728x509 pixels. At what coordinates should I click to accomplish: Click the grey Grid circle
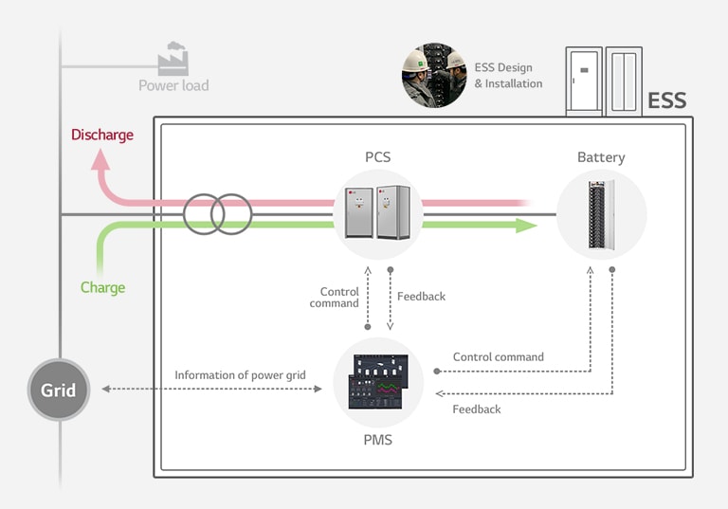tap(58, 390)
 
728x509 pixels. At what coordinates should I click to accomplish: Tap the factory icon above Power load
tap(173, 59)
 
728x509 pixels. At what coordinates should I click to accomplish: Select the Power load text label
tap(173, 85)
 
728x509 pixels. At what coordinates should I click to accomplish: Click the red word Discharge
tap(102, 135)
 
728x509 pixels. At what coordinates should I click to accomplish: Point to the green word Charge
tap(102, 287)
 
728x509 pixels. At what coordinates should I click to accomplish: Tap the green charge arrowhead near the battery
tap(525, 226)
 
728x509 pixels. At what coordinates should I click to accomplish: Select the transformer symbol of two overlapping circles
tap(218, 214)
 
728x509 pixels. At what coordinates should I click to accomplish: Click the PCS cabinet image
tap(377, 213)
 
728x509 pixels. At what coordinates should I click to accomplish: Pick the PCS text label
tap(377, 156)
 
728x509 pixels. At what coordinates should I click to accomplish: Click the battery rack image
tap(601, 214)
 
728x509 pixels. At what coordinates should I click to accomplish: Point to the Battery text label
tap(601, 157)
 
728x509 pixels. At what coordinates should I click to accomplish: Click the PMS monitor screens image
tap(378, 381)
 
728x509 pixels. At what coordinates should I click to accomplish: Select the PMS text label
tap(377, 440)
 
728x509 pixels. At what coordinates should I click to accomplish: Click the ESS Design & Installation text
tap(508, 76)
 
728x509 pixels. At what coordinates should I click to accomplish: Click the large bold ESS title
tap(666, 100)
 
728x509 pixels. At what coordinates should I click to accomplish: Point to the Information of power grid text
tap(240, 375)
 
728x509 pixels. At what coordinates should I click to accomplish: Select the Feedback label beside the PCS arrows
tap(421, 297)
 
